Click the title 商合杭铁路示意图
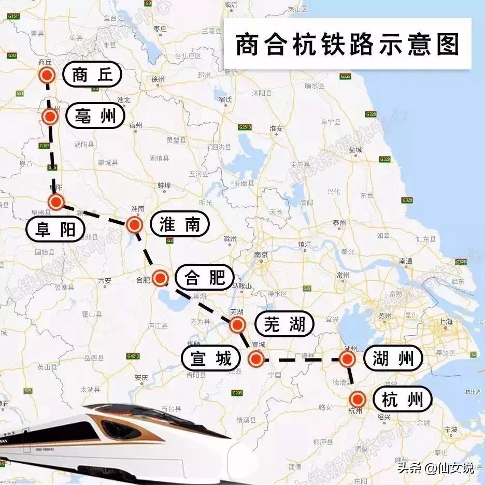[347, 45]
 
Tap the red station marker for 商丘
[47, 76]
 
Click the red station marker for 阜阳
[56, 202]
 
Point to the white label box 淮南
[180, 224]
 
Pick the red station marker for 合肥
[160, 278]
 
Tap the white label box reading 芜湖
[284, 325]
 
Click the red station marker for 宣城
[256, 359]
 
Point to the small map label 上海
[446, 321]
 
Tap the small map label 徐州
[158, 80]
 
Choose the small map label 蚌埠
[164, 185]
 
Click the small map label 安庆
[141, 377]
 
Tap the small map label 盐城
[356, 150]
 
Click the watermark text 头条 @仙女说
[435, 468]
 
